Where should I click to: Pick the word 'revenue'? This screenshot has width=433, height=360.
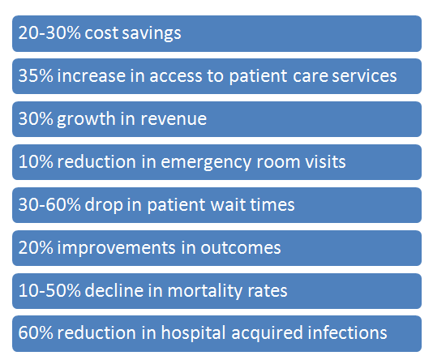[173, 119]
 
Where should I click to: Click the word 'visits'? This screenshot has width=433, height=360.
[324, 162]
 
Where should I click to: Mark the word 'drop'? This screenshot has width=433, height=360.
[100, 205]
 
